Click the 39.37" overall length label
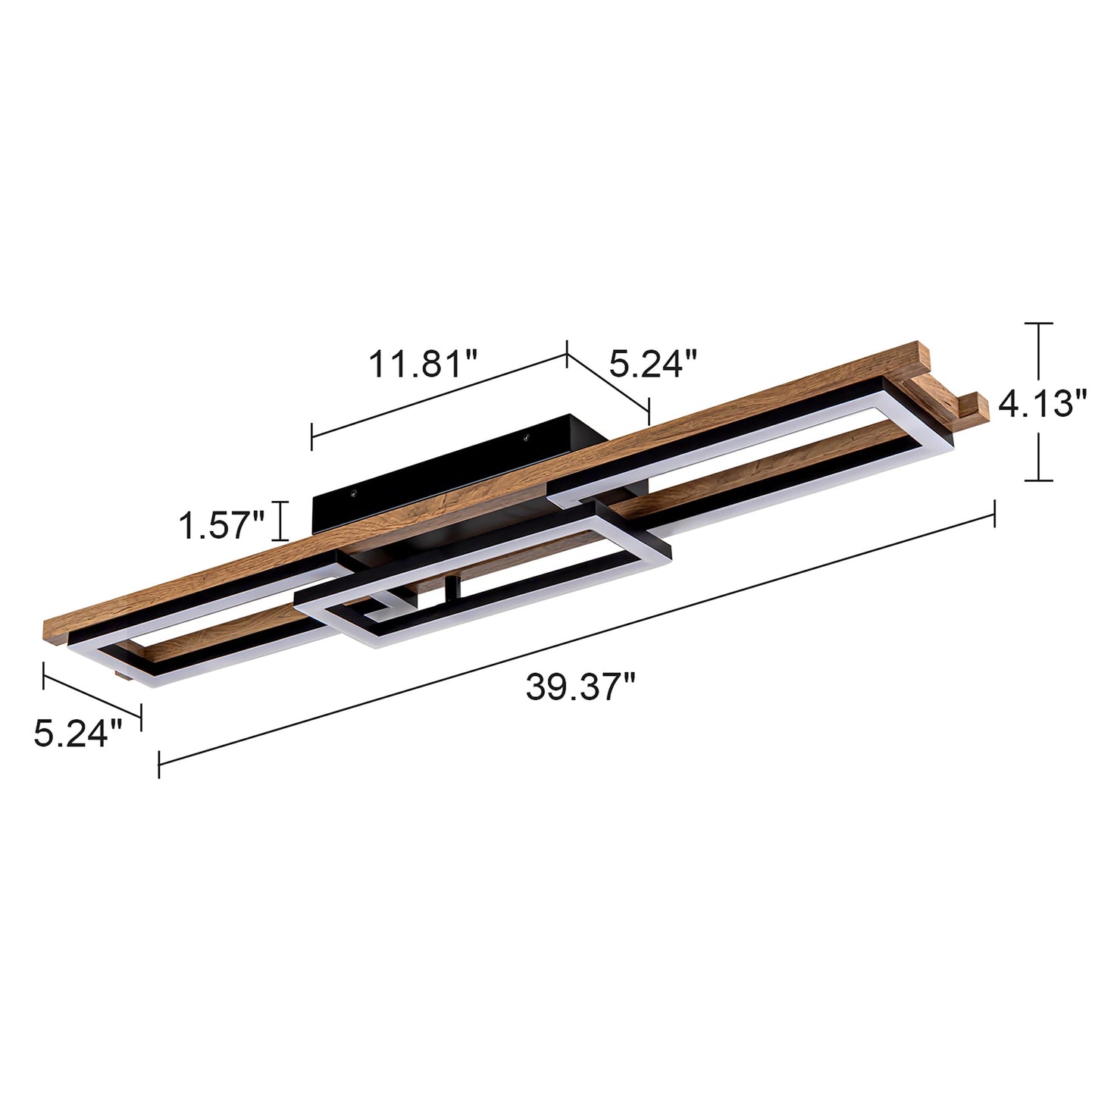coord(580,688)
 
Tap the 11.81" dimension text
coord(424,363)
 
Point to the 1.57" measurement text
coord(221,524)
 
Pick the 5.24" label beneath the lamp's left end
coord(77,734)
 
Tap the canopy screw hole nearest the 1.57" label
coord(352,493)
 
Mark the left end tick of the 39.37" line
coord(158,763)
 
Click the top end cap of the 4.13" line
coord(1038,324)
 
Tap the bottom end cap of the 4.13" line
coord(1038,480)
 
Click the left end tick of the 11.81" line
coord(311,436)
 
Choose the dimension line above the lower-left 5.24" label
coord(92,690)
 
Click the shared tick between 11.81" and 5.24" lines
coord(567,354)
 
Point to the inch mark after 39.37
coord(628,680)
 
